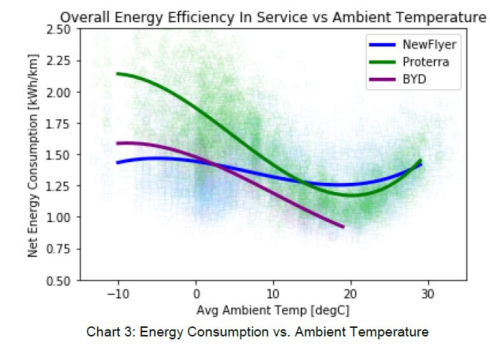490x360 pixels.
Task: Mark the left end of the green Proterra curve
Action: coord(117,73)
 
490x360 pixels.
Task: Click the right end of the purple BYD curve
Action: coord(344,226)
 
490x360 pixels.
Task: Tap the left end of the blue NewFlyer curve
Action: coord(117,163)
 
